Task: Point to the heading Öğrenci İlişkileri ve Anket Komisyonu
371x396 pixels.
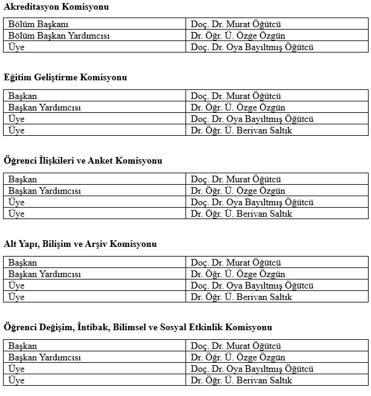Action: pyautogui.click(x=83, y=161)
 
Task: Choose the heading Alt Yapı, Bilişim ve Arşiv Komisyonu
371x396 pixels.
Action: pyautogui.click(x=80, y=244)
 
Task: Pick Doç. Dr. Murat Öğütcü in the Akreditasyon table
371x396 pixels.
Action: pyautogui.click(x=236, y=25)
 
